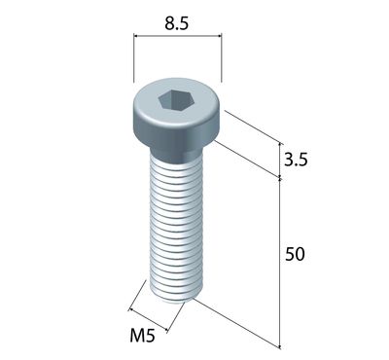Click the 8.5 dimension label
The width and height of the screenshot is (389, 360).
click(176, 23)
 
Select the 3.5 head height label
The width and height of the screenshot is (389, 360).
click(296, 160)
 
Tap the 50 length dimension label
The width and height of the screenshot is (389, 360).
click(295, 254)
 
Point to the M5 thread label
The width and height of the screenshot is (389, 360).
click(142, 336)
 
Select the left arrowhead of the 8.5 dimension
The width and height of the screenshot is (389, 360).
click(137, 36)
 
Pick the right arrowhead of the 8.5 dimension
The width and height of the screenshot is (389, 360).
click(219, 36)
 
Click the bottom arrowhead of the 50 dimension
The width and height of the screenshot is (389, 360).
click(280, 345)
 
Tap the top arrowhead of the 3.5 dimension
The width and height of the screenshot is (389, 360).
click(280, 146)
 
